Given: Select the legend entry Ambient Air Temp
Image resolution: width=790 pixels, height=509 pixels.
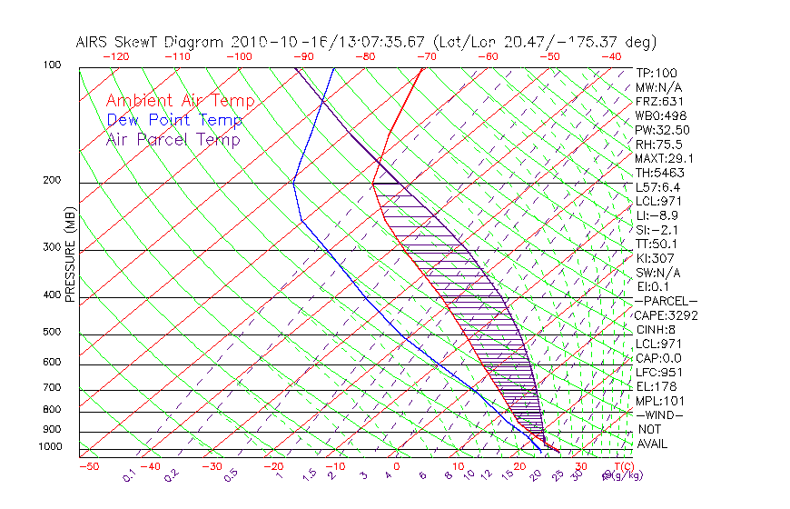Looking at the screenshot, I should [x=181, y=101].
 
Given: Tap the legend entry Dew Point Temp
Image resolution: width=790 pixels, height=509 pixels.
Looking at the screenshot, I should [x=174, y=120].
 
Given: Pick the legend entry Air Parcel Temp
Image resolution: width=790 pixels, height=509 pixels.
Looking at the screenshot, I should [x=173, y=139].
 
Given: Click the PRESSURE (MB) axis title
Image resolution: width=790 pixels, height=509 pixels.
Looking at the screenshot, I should [x=70, y=258].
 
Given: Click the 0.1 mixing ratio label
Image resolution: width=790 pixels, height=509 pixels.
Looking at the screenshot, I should [x=129, y=474].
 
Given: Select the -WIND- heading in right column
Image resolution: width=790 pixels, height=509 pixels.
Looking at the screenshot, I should [x=659, y=414].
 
